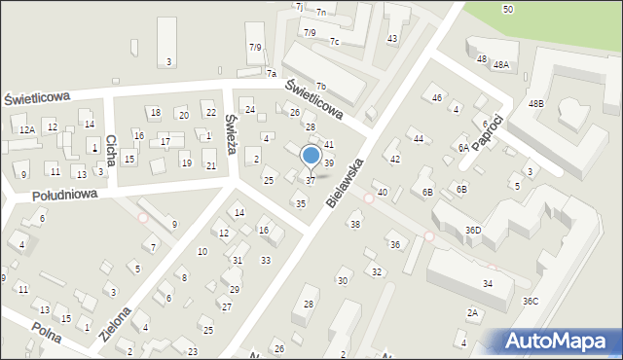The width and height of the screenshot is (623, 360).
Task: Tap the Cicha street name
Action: pyautogui.click(x=111, y=149)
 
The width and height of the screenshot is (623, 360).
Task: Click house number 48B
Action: pyautogui.click(x=536, y=103)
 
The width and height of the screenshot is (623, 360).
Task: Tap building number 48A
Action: pyautogui.click(x=500, y=65)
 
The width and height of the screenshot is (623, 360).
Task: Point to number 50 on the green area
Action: pyautogui.click(x=508, y=9)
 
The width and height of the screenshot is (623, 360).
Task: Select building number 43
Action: pyautogui.click(x=391, y=38)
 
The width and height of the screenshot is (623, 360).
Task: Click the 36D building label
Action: pyautogui.click(x=473, y=230)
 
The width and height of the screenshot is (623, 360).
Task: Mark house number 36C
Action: pyautogui.click(x=531, y=301)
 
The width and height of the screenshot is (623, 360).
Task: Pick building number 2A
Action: pyautogui.click(x=472, y=312)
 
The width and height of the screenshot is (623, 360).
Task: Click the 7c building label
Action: pyautogui.click(x=334, y=41)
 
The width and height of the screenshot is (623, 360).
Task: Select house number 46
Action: pyautogui.click(x=437, y=98)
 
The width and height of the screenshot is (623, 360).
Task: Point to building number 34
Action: pyautogui.click(x=487, y=283)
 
